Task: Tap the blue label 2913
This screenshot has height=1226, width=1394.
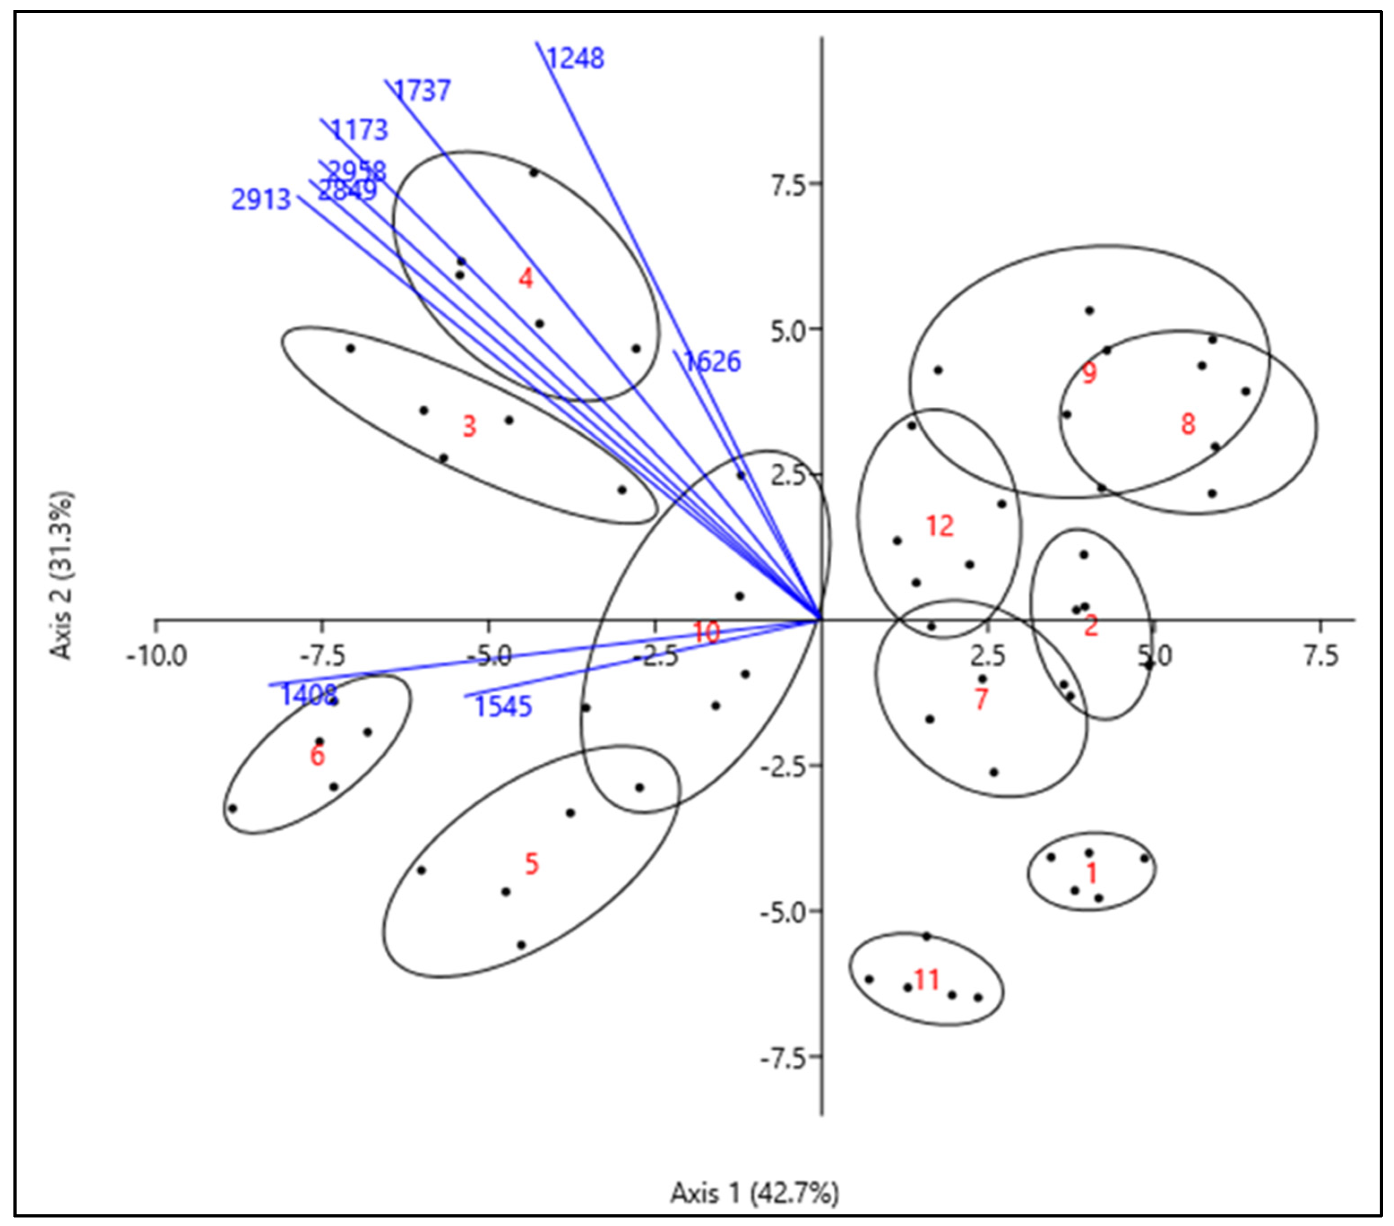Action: tap(261, 200)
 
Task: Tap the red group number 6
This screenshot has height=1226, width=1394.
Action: tap(317, 756)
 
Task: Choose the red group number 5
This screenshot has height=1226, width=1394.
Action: tap(531, 864)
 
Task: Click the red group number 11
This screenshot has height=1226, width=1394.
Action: tap(926, 980)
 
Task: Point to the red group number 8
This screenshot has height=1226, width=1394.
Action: tap(1188, 424)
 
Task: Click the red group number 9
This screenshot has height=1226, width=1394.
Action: tap(1089, 373)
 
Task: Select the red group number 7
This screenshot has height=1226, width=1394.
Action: tap(981, 699)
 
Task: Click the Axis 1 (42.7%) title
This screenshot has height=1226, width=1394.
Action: tap(754, 1193)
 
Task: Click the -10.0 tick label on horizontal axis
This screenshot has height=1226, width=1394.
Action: tap(156, 657)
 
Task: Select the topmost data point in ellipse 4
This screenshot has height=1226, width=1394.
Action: tap(534, 172)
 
